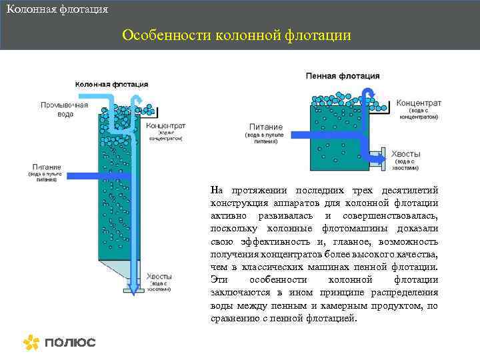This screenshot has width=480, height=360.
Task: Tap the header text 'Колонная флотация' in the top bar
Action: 57,10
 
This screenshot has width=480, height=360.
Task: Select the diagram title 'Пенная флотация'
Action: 343,76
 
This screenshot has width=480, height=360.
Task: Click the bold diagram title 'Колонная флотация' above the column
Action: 111,85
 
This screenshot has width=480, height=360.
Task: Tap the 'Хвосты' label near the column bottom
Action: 159,276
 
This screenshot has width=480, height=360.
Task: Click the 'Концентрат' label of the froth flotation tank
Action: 419,104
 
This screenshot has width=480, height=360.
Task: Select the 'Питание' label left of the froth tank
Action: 265,127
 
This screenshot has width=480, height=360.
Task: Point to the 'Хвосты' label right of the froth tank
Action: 405,153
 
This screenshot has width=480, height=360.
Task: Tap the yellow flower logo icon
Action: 31,342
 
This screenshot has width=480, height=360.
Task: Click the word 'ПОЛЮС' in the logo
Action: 70,343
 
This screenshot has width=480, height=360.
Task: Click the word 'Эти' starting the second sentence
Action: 218,280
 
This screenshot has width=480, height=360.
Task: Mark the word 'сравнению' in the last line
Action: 232,318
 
